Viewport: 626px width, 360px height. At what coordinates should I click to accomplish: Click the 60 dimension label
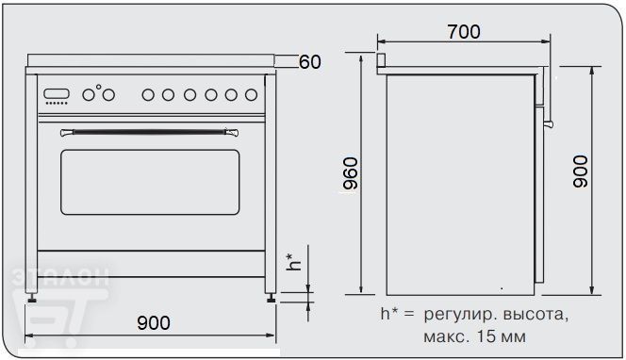(x=310, y=62)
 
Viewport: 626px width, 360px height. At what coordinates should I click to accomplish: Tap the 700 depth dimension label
(x=464, y=32)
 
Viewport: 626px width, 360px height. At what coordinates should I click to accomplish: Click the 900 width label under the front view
(x=154, y=322)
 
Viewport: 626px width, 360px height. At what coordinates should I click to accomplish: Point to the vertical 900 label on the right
(x=581, y=172)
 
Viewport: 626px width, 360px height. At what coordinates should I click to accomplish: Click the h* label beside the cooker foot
(x=294, y=262)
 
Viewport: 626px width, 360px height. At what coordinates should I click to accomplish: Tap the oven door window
(x=150, y=182)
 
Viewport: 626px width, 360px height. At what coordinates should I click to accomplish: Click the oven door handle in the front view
(x=149, y=132)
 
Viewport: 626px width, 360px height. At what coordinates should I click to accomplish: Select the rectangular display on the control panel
(x=57, y=94)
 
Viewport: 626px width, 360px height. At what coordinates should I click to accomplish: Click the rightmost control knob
(x=251, y=95)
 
